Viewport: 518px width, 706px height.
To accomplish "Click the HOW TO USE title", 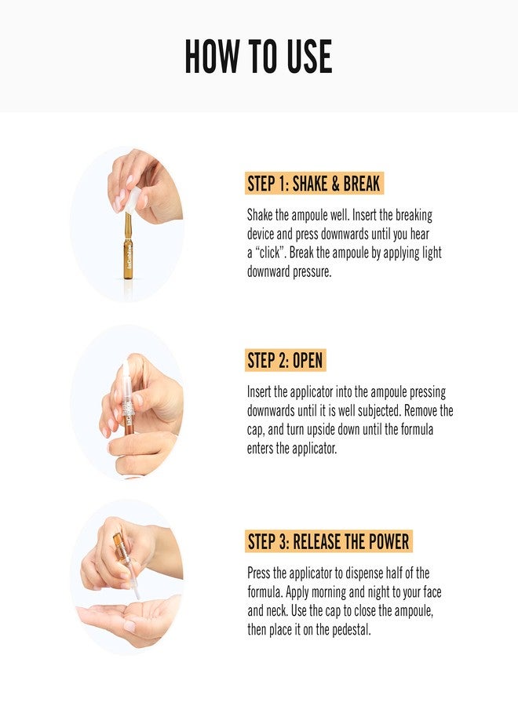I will (x=258, y=56).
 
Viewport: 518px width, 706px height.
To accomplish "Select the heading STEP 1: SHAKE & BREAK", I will (x=314, y=184).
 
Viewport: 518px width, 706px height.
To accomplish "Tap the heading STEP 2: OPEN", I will (x=285, y=361).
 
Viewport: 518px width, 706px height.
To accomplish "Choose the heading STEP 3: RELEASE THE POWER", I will (x=328, y=541).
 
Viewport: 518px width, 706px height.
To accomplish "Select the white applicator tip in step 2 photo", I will (x=126, y=375).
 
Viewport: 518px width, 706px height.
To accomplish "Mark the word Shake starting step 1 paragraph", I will (x=261, y=215).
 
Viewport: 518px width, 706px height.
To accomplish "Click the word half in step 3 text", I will (x=402, y=573).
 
